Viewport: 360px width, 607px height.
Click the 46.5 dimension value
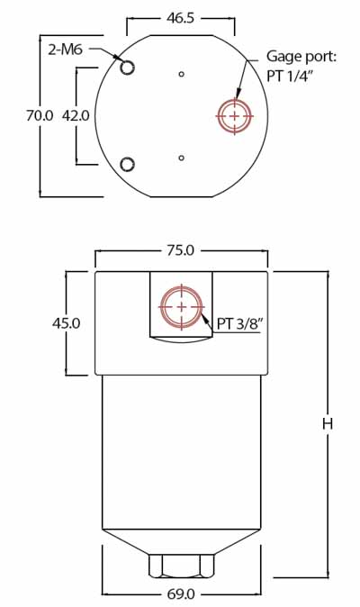[181, 18]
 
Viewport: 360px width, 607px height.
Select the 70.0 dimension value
[40, 115]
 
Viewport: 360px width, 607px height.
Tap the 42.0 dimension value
[75, 115]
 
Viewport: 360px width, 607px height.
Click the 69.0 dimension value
[181, 593]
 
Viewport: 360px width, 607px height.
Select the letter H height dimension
[328, 422]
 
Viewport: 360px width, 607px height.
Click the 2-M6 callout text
[65, 50]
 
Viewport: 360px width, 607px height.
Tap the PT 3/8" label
[238, 322]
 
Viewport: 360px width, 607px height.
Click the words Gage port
[301, 57]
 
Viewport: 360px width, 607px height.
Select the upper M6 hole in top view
[127, 68]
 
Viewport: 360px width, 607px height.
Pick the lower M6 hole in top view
[127, 164]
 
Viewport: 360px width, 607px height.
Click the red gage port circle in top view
[236, 115]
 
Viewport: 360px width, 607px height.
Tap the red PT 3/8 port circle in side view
[182, 307]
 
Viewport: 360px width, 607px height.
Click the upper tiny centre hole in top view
[182, 74]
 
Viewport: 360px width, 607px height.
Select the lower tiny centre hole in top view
[182, 158]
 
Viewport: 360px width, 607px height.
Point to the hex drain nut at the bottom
[181, 566]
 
